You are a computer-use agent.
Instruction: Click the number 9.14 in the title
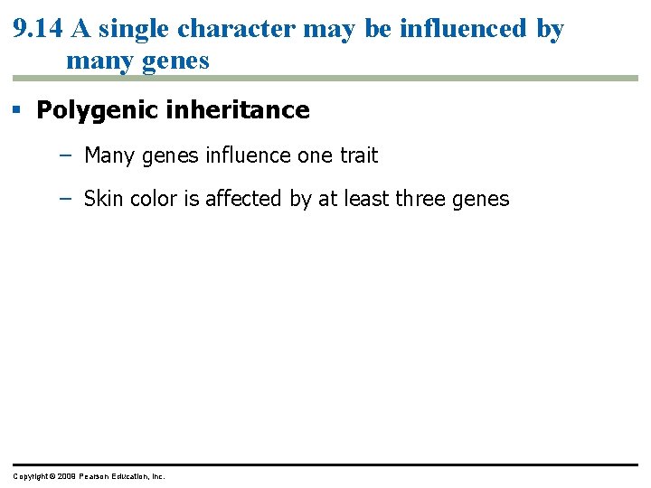tap(37, 29)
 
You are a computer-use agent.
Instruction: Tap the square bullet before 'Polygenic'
tap(16, 110)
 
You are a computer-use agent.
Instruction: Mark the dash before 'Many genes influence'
tap(63, 155)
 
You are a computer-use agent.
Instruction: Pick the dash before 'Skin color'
tap(63, 199)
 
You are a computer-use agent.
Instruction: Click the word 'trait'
tap(359, 155)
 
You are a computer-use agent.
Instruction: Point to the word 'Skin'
tap(103, 199)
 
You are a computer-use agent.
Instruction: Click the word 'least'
tap(371, 199)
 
